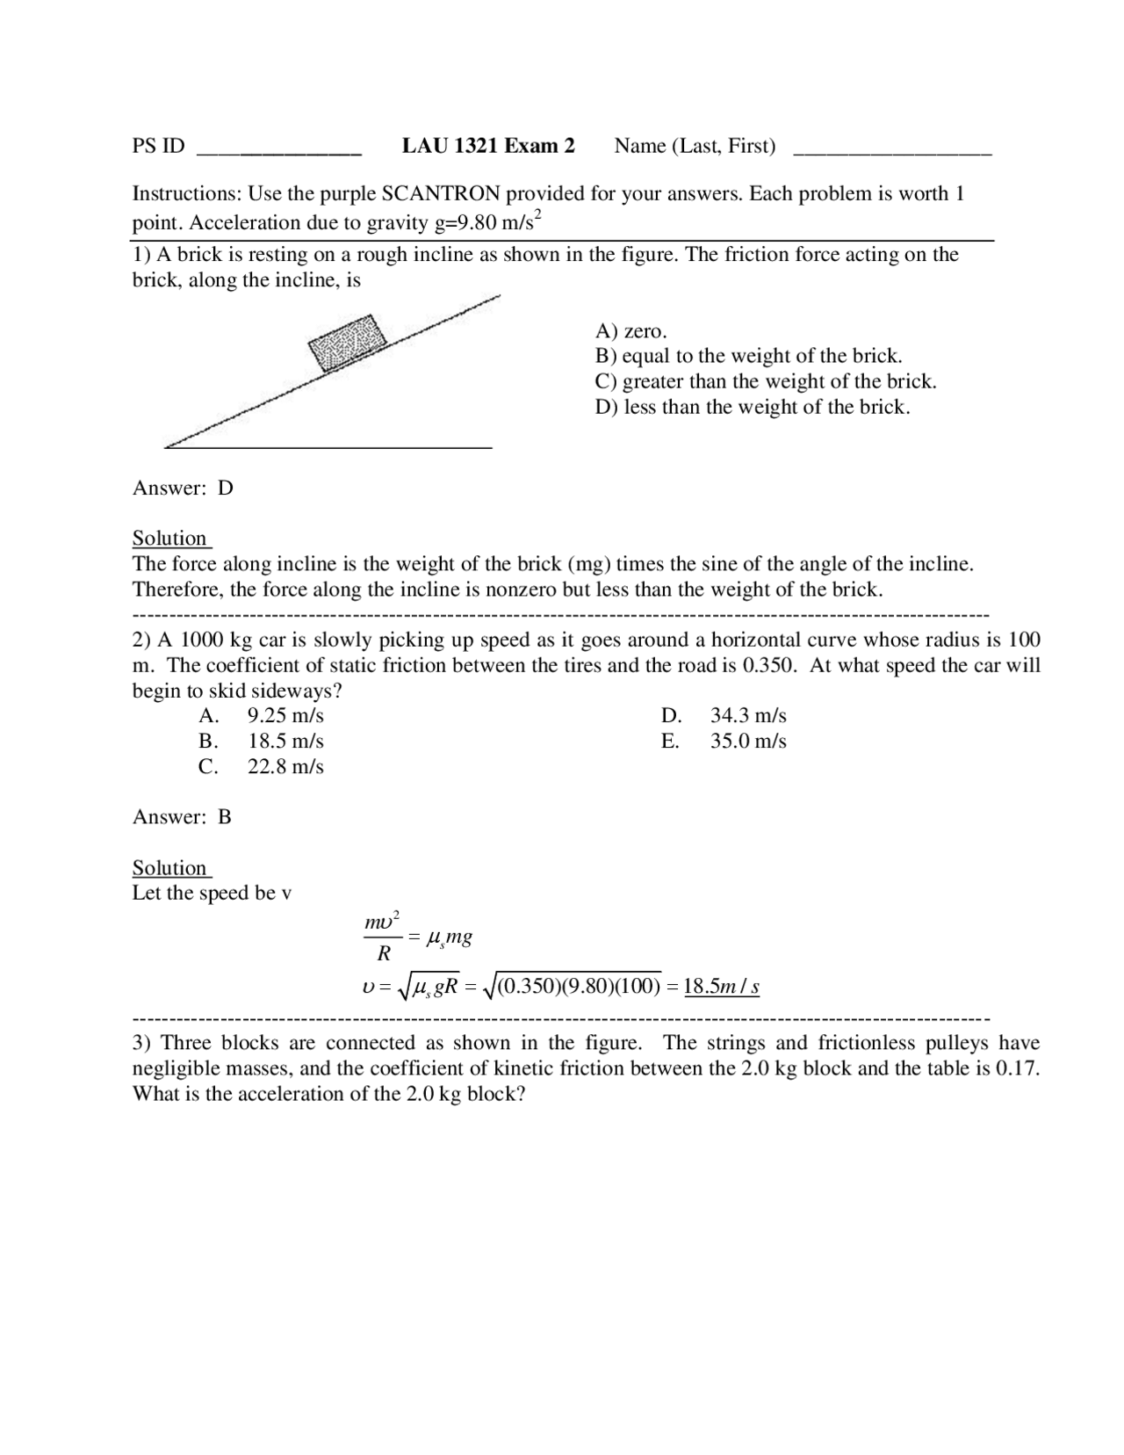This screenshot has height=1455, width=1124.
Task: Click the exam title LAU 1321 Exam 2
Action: click(x=488, y=146)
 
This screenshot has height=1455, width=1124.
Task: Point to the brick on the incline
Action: click(x=348, y=343)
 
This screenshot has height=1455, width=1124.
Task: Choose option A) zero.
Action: click(x=631, y=331)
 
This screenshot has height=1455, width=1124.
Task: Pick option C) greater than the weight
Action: click(x=766, y=381)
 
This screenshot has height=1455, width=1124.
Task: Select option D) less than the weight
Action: click(x=753, y=407)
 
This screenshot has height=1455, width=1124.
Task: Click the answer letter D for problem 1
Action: click(x=226, y=489)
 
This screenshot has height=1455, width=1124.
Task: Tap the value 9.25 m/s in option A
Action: click(x=285, y=715)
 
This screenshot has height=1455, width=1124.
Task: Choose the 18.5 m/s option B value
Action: click(x=285, y=741)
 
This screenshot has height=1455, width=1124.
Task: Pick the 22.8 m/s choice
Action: click(x=285, y=766)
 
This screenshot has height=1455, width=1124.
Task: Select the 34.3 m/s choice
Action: click(x=748, y=715)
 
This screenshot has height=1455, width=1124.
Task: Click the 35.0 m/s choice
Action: click(x=748, y=741)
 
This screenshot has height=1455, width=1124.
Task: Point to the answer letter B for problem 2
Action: click(x=225, y=817)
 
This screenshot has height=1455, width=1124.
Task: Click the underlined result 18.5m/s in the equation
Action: click(x=721, y=987)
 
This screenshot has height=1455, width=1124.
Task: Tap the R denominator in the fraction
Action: click(x=384, y=955)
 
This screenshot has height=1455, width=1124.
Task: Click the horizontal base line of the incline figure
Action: click(x=328, y=448)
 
